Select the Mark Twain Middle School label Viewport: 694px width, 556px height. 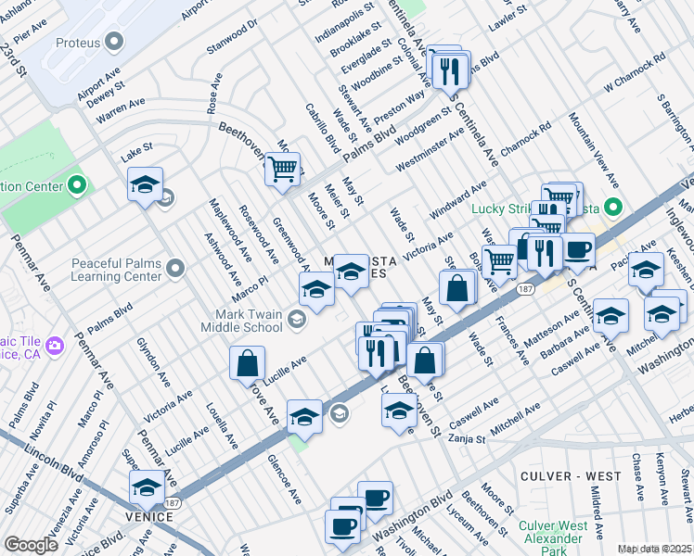tap(243, 321)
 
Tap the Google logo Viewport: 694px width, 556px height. tap(32, 544)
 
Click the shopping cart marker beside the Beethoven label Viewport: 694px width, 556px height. tap(283, 170)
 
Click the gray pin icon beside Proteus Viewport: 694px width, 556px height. tap(115, 43)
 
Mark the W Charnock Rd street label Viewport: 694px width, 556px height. tap(635, 73)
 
